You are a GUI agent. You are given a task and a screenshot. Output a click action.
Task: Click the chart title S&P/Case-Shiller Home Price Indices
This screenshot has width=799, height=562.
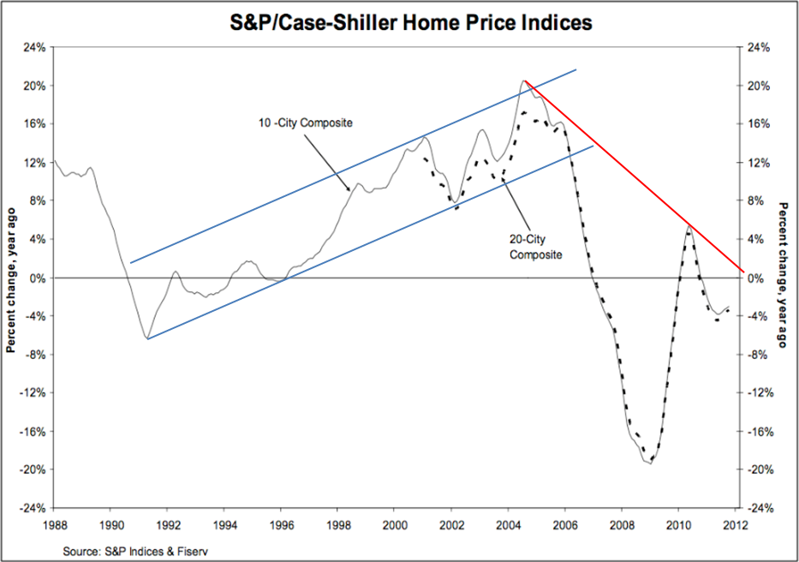coord(406,23)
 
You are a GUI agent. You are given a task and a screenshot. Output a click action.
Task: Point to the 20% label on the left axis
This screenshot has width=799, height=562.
coord(33,86)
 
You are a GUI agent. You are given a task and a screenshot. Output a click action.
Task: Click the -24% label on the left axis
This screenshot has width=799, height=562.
coord(32,508)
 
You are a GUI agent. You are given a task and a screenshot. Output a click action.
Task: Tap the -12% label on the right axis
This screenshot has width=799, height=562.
coord(760,393)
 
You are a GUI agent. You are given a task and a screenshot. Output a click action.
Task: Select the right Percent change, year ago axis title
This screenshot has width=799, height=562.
coord(784,278)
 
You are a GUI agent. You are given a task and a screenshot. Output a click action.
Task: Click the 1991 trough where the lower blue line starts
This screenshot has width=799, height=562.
coord(147,338)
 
